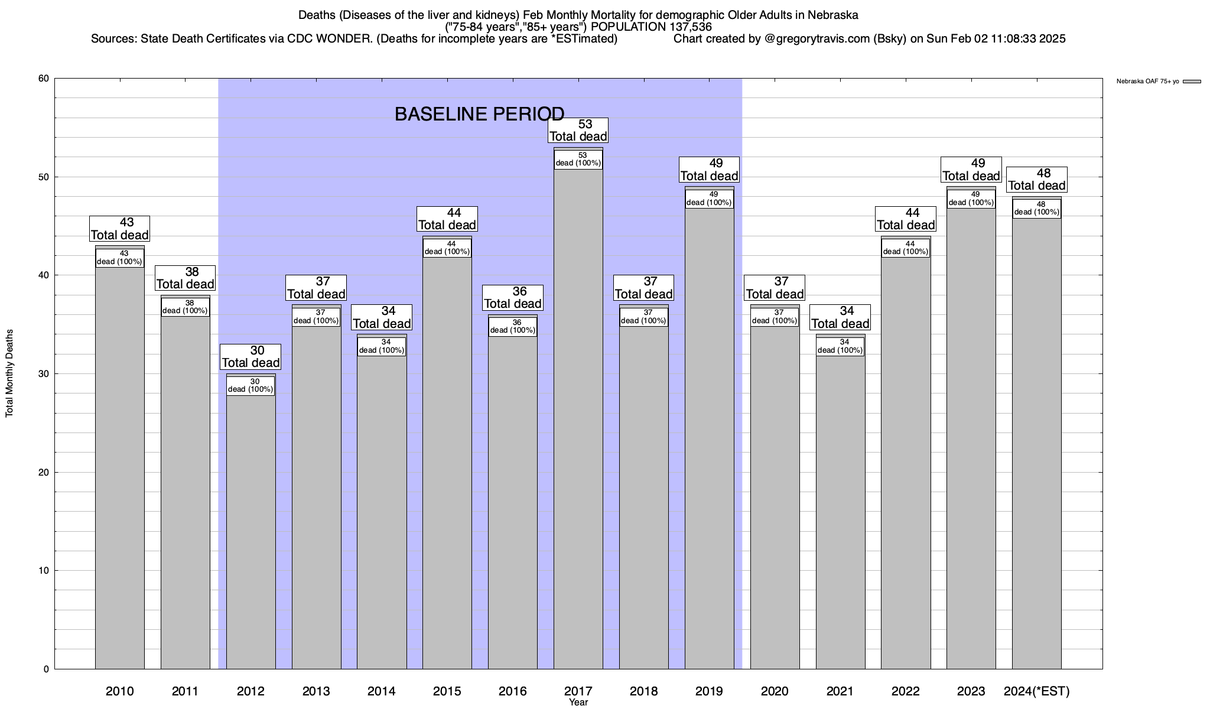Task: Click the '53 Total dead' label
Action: click(578, 131)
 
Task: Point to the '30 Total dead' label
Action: click(251, 357)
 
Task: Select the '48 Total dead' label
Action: click(1036, 180)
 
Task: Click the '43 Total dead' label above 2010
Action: click(119, 229)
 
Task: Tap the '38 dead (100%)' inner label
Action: click(185, 307)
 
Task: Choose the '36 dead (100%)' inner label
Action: click(512, 327)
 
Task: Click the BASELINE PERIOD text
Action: click(479, 114)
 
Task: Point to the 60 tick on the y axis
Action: click(44, 79)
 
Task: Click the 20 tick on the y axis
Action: click(44, 472)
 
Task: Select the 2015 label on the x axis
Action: click(447, 691)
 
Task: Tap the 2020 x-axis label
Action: click(774, 691)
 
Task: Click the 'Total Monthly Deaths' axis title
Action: click(9, 373)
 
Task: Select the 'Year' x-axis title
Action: click(578, 703)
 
